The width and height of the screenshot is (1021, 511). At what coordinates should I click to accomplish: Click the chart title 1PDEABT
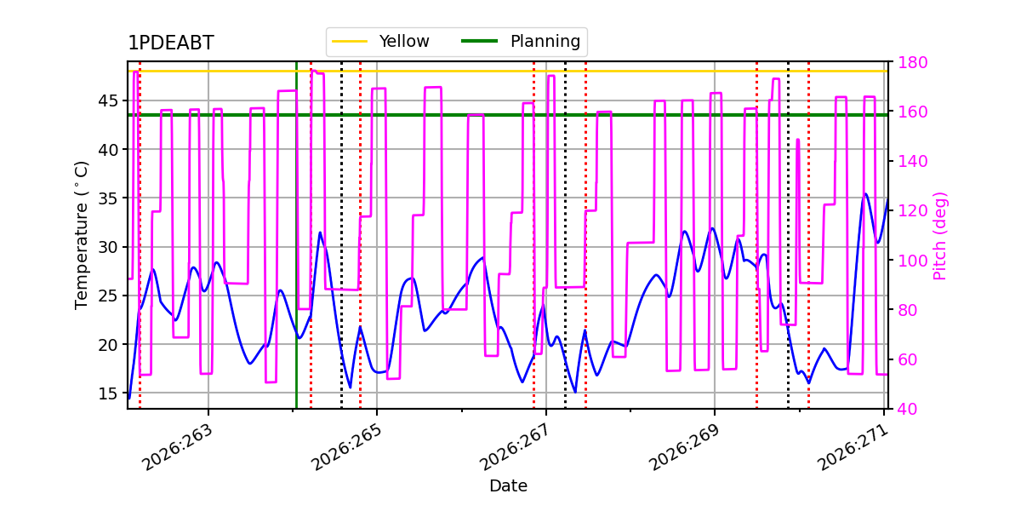171,43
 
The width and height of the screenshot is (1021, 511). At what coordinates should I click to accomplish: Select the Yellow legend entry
380,41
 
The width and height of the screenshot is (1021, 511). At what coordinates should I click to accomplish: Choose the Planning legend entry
521,41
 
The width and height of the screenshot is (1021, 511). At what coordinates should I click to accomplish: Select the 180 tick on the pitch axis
912,62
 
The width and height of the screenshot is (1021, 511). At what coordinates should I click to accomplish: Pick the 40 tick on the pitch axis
907,409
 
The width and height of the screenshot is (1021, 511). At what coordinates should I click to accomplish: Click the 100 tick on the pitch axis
912,261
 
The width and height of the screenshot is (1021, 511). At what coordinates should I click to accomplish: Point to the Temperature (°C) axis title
81,235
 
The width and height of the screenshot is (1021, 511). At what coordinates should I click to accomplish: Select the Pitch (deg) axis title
940,236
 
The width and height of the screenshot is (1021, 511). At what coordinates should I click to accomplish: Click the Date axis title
508,486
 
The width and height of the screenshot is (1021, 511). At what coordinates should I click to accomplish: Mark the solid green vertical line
296,235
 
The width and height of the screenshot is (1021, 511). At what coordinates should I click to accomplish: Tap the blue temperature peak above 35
865,194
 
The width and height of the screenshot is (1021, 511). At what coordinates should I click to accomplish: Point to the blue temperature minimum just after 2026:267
575,392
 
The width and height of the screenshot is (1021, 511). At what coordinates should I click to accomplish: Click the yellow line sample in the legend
350,41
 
